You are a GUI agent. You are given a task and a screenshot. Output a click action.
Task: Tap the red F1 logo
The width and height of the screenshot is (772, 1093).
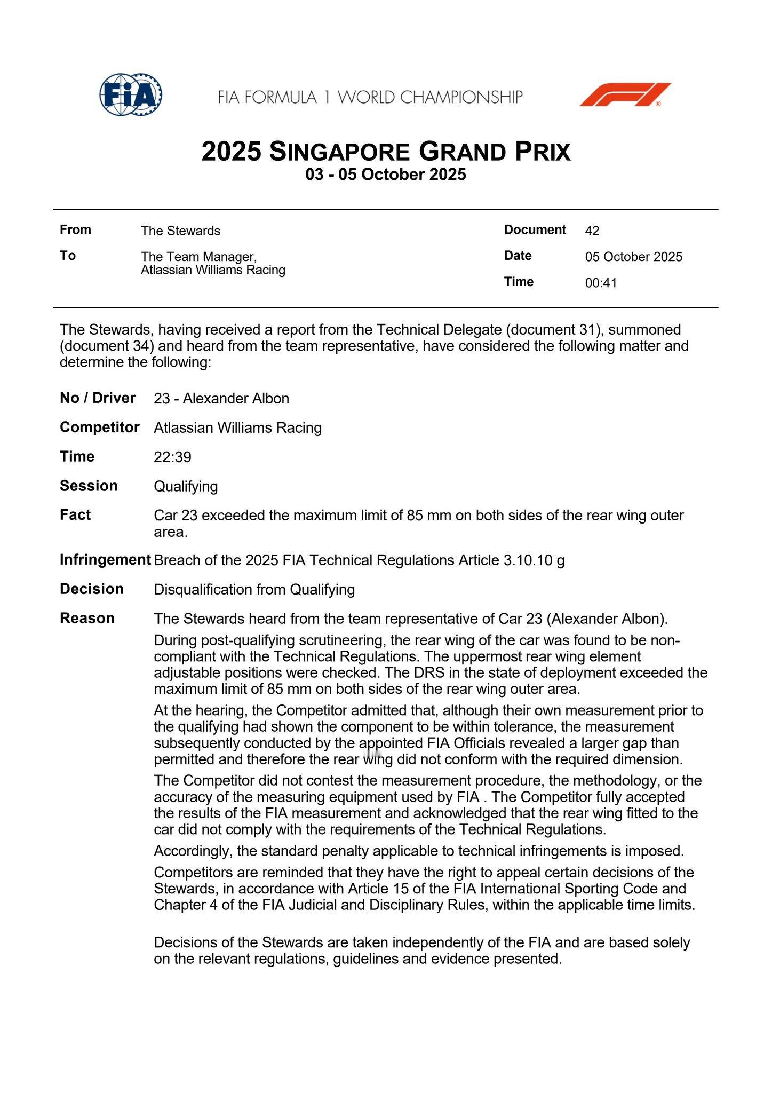[625, 95]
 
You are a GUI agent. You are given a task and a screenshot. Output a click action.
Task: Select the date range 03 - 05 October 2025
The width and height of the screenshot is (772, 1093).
[386, 175]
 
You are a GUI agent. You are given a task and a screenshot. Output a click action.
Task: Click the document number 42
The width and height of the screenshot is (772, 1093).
[592, 231]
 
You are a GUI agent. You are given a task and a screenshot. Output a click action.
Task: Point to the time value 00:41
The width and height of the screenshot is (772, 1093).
[601, 283]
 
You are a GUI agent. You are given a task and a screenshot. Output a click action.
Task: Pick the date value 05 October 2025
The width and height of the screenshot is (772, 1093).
[633, 257]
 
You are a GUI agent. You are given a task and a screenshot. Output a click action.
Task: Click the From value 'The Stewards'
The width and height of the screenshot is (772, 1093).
[180, 231]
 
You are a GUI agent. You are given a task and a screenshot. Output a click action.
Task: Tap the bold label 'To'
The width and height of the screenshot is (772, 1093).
[68, 256]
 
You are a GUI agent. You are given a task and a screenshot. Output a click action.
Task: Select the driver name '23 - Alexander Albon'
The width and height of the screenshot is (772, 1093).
[221, 399]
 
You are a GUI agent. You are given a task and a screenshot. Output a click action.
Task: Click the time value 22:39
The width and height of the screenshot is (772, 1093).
[172, 457]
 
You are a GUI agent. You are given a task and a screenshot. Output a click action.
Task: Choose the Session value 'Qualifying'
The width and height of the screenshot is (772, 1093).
[186, 486]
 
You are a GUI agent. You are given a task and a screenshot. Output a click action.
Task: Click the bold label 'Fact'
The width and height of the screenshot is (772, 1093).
[75, 514]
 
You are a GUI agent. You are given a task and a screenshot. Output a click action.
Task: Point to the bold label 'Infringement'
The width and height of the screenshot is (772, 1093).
[105, 560]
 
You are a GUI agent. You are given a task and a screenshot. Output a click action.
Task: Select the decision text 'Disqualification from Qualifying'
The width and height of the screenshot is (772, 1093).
[254, 589]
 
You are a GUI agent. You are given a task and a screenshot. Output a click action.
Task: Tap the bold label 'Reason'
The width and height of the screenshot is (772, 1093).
[87, 618]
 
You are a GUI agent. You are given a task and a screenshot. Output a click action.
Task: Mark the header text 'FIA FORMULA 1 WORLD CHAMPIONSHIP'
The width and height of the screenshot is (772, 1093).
[370, 97]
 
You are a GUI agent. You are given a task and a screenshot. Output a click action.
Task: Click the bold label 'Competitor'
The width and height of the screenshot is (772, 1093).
[99, 427]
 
